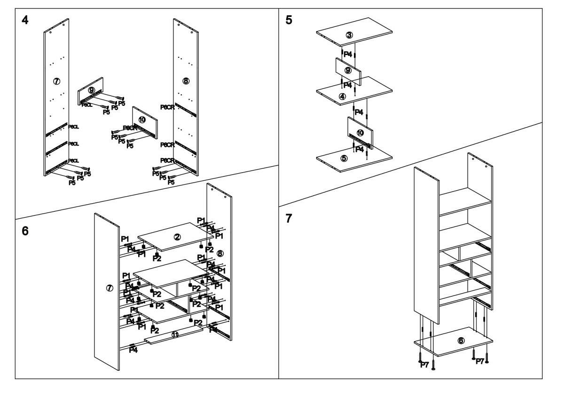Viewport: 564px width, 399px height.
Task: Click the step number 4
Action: (x=25, y=21)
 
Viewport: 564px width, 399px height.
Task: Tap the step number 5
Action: (x=289, y=21)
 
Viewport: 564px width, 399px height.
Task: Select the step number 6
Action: (x=25, y=231)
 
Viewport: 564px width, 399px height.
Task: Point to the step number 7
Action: (x=289, y=218)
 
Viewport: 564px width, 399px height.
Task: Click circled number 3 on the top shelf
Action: (x=349, y=35)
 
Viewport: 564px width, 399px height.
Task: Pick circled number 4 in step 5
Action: (x=343, y=96)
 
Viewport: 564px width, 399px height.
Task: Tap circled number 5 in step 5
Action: (x=344, y=158)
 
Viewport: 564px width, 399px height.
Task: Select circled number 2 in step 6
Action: (x=177, y=237)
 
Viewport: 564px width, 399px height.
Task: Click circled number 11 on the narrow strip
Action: (x=175, y=335)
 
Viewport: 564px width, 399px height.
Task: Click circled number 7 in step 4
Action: (x=56, y=81)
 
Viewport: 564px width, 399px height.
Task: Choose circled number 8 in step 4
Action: (x=186, y=81)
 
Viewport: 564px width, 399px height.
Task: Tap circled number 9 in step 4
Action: (x=91, y=90)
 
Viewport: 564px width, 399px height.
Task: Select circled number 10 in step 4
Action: (x=142, y=120)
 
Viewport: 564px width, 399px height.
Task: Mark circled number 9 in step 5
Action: (x=348, y=70)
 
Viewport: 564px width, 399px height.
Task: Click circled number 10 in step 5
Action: (x=360, y=133)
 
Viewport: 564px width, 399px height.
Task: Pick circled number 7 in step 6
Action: (x=110, y=288)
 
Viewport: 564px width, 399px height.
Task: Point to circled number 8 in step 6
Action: (x=219, y=253)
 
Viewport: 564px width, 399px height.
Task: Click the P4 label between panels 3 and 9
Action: (x=348, y=55)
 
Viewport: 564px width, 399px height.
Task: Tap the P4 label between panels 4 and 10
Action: (x=359, y=112)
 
